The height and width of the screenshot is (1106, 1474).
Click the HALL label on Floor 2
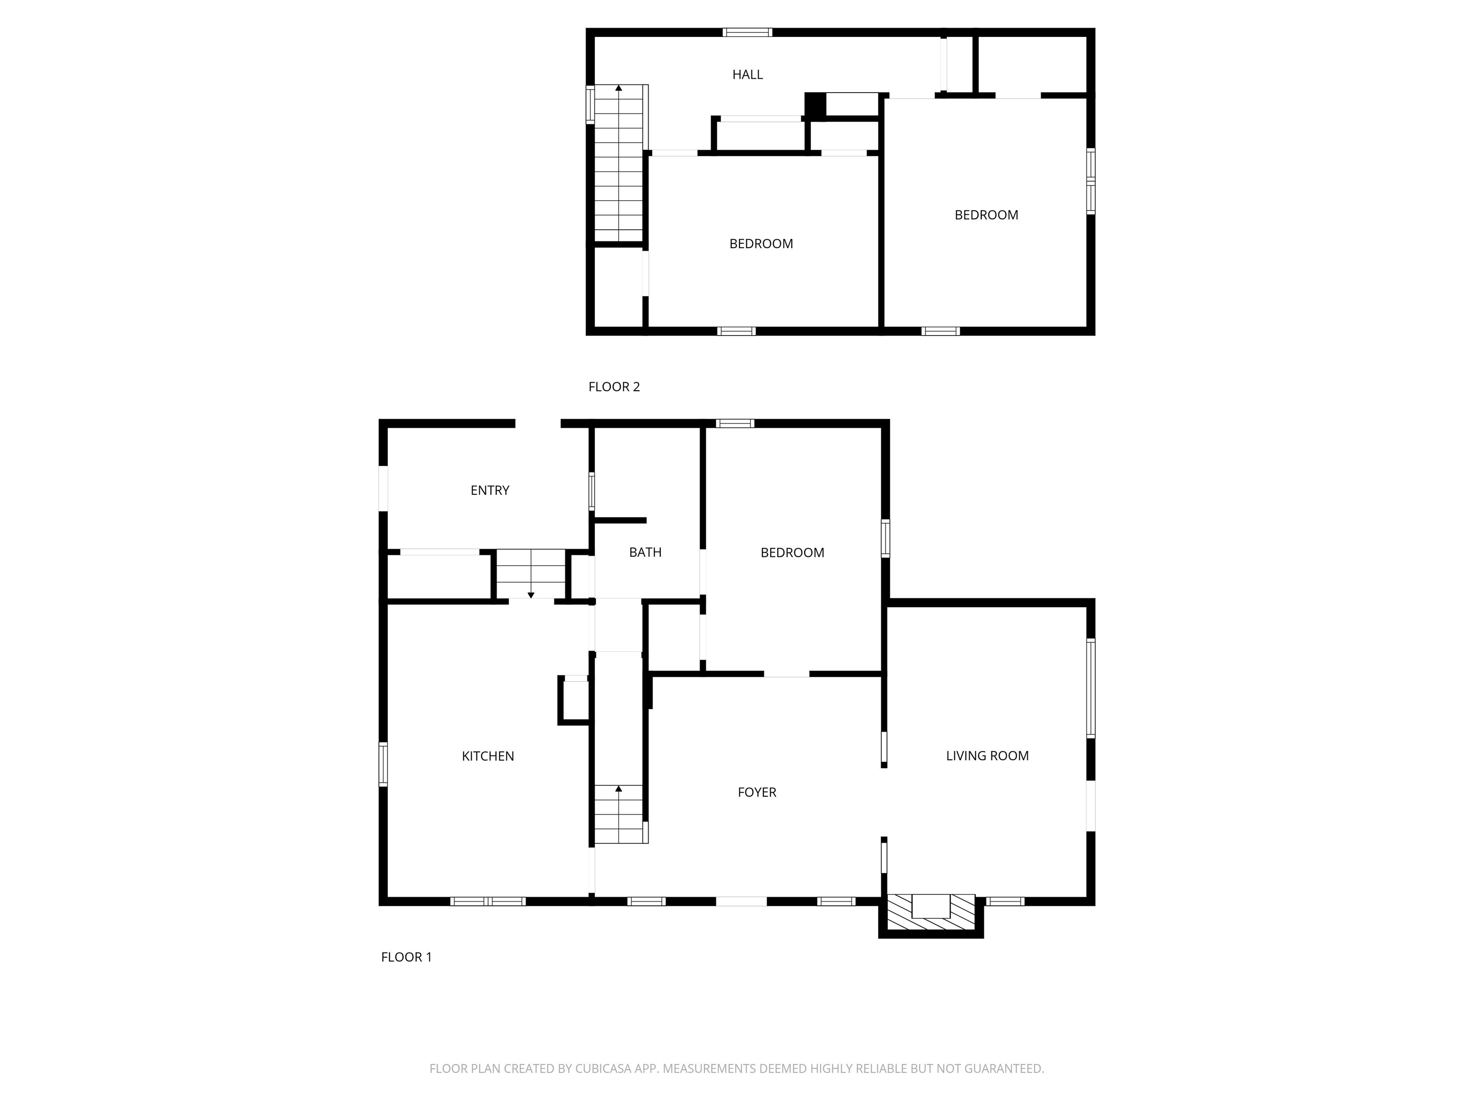747,75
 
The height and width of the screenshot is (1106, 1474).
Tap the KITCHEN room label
488,756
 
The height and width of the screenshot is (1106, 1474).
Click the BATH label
645,552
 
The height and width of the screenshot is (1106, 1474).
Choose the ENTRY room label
490,491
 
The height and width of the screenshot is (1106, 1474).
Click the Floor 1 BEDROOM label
792,553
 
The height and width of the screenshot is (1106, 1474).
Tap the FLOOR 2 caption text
614,386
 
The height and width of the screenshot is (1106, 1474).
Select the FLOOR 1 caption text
406,957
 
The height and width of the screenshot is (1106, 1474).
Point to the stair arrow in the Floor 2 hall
618,88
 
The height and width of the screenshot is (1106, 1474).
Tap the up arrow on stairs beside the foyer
618,789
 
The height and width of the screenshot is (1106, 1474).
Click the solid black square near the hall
815,105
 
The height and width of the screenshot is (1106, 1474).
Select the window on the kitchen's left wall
383,764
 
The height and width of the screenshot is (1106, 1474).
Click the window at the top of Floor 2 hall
747,32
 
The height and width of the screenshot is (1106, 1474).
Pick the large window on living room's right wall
1091,688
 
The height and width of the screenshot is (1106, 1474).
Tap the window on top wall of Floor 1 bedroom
735,423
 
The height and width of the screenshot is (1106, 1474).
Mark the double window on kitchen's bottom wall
488,902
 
